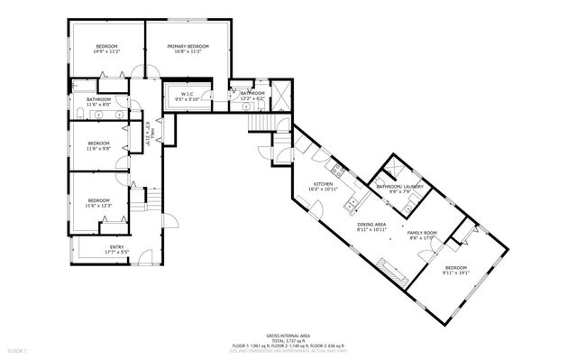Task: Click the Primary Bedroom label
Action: click(188, 46)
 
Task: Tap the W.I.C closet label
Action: click(188, 93)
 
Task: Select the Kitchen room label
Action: click(323, 185)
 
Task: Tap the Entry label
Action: click(117, 246)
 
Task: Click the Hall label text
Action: click(154, 134)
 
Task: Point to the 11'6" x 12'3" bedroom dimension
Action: click(98, 207)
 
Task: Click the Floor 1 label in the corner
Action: click(18, 349)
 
